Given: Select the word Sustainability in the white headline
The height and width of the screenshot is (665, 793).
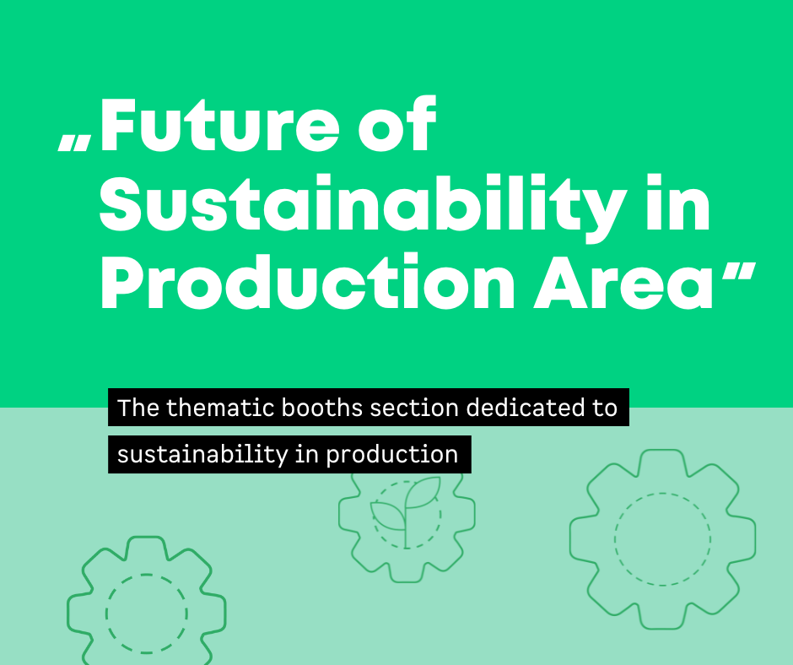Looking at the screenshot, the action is click(363, 205).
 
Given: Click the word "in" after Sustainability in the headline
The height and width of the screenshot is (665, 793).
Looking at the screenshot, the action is click(678, 202).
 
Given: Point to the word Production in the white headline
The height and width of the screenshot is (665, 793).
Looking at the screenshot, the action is click(307, 281).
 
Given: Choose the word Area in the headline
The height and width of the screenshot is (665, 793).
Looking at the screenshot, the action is click(623, 284).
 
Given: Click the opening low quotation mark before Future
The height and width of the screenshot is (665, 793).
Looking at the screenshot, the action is click(75, 143).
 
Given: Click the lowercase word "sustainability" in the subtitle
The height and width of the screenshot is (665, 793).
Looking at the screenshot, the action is click(202, 455).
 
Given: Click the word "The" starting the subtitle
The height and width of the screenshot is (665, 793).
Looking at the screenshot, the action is click(138, 408).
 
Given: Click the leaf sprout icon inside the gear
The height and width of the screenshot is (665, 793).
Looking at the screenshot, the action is click(406, 511).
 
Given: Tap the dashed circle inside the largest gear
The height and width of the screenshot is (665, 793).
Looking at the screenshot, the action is click(662, 493).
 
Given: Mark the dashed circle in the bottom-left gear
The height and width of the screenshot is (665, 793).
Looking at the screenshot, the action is click(147, 575).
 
